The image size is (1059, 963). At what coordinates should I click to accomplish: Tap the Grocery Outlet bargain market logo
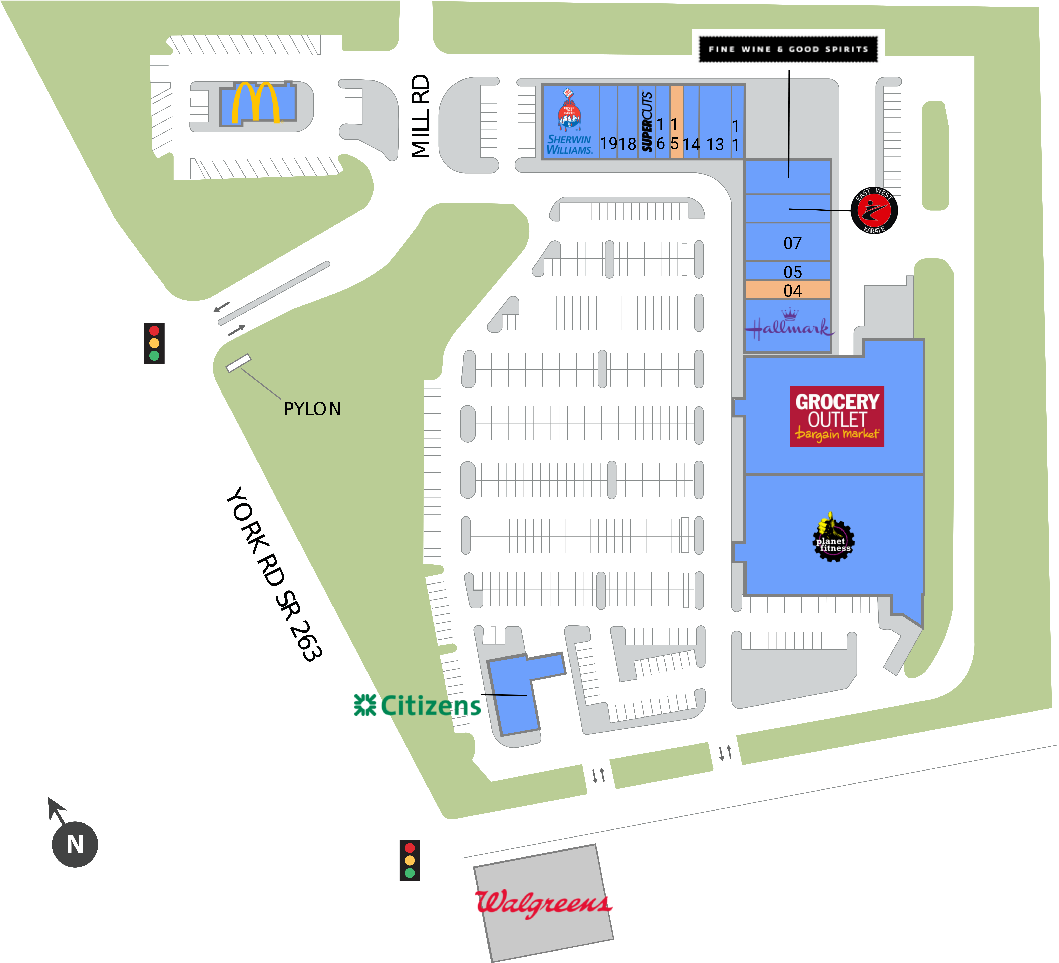point(837,416)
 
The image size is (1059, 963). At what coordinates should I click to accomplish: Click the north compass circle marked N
point(75,844)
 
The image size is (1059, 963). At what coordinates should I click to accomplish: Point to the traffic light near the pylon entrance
point(154,343)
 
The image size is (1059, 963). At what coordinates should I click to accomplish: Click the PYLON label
point(312,409)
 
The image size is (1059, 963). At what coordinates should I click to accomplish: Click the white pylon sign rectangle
point(239,363)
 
